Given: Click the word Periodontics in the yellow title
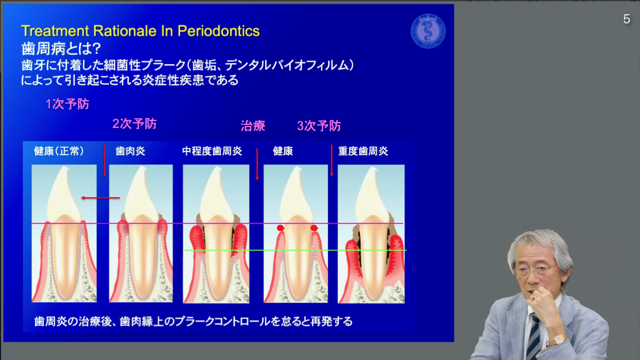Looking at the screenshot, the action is pyautogui.click(x=218, y=31).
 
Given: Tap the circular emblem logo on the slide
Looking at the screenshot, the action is pyautogui.click(x=428, y=31).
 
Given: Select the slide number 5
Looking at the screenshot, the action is pyautogui.click(x=626, y=19).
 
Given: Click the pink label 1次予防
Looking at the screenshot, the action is pyautogui.click(x=67, y=104).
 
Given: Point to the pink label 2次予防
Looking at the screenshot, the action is pyautogui.click(x=134, y=123).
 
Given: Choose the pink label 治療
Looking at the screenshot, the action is pyautogui.click(x=253, y=125).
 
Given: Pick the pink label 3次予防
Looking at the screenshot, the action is pyautogui.click(x=319, y=125).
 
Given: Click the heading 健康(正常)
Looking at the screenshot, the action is pyautogui.click(x=59, y=151).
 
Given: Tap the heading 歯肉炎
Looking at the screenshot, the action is pyautogui.click(x=130, y=151).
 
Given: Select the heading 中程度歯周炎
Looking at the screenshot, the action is pyautogui.click(x=212, y=151).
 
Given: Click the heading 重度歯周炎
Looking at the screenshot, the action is pyautogui.click(x=363, y=151).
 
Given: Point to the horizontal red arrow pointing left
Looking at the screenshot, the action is pyautogui.click(x=100, y=197).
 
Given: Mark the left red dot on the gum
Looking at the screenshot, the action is pyautogui.click(x=280, y=228).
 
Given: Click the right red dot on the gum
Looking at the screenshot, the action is pyautogui.click(x=314, y=228).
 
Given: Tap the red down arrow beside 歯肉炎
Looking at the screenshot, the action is pyautogui.click(x=104, y=161).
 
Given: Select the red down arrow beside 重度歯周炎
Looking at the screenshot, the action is pyautogui.click(x=331, y=161).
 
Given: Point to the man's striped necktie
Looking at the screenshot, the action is pyautogui.click(x=533, y=337).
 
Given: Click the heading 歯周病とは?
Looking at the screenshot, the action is pyautogui.click(x=61, y=48).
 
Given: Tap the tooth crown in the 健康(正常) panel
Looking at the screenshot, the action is pyautogui.click(x=64, y=194).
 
